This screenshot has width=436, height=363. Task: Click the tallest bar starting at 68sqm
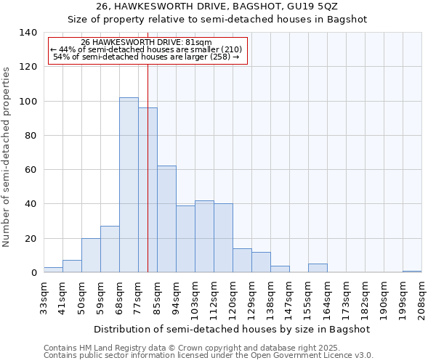(129, 185)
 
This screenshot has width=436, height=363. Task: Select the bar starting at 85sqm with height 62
(166, 219)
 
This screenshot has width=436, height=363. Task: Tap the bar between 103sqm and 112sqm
(204, 237)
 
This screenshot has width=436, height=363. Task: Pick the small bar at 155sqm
(318, 268)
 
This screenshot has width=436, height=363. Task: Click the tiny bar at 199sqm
(412, 272)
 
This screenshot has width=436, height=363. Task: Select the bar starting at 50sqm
(91, 256)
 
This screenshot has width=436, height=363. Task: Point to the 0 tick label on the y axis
(33, 273)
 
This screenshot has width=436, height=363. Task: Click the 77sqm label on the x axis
(138, 297)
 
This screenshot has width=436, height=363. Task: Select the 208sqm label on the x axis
(421, 299)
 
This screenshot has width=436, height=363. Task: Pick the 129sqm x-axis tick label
(251, 299)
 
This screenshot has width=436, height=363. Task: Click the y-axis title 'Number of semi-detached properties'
(7, 156)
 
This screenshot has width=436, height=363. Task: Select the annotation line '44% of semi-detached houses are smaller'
(148, 49)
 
